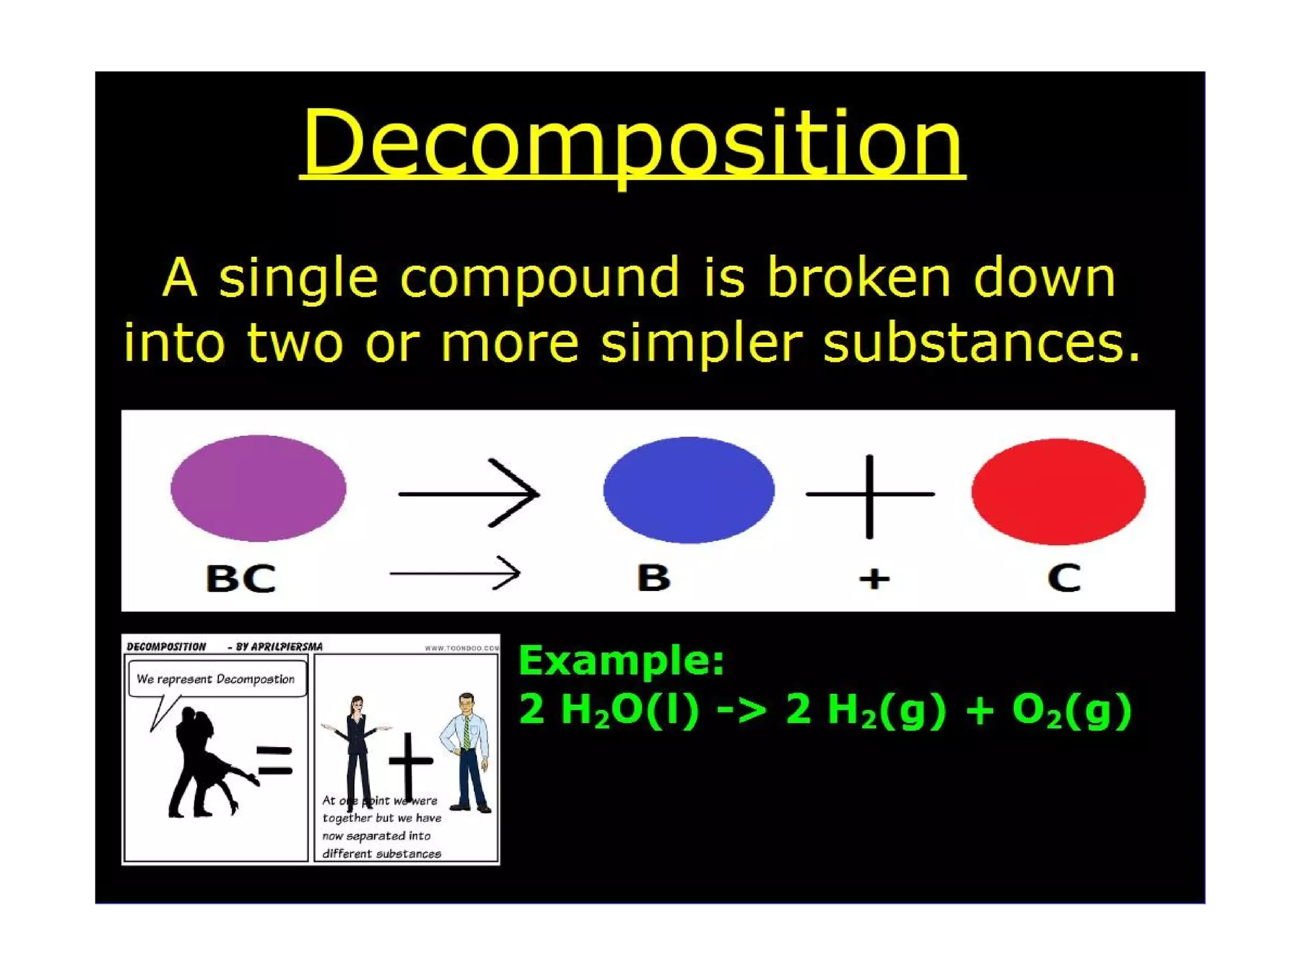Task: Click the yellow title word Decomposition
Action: click(632, 143)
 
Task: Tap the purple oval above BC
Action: click(258, 488)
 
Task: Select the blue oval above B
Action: click(689, 490)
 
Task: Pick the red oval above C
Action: click(1058, 491)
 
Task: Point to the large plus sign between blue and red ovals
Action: click(870, 495)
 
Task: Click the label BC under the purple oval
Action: click(241, 578)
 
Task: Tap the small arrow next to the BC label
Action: click(455, 573)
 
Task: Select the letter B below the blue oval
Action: click(654, 578)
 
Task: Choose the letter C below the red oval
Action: click(1064, 578)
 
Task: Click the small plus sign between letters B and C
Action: click(874, 579)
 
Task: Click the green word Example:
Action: click(621, 661)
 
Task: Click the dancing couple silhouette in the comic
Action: click(200, 762)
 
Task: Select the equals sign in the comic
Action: click(274, 761)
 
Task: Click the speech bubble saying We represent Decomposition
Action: click(216, 679)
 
